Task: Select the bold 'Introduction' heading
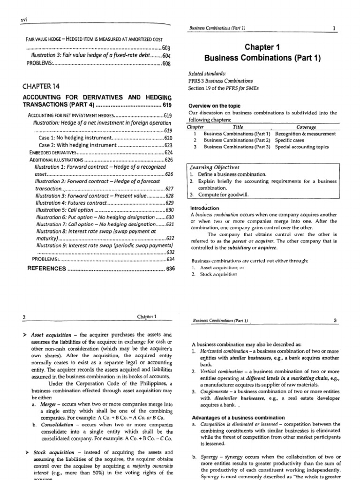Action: [204, 208]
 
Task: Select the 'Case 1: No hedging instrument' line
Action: [75, 138]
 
